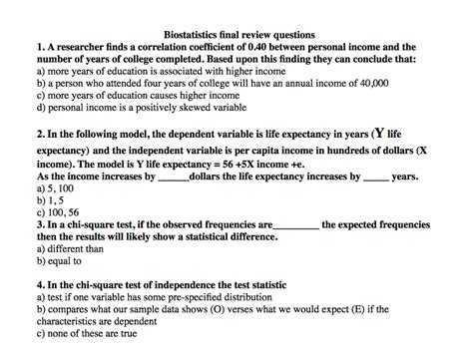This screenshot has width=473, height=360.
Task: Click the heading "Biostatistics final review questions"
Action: [x=237, y=35]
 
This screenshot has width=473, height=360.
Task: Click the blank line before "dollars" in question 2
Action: [x=173, y=179]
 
